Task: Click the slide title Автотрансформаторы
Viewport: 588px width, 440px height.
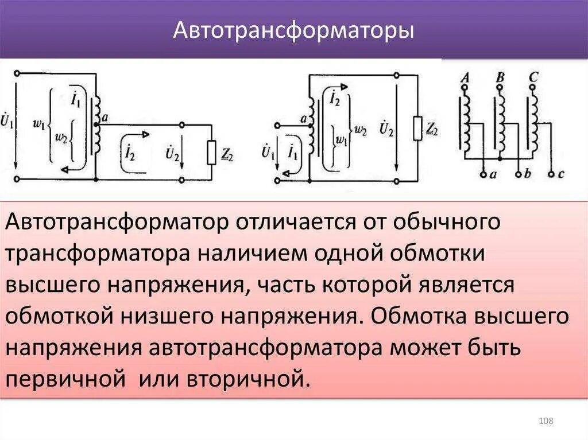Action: [293, 30]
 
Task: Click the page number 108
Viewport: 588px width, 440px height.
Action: [546, 422]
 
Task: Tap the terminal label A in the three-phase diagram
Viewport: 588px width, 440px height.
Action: [465, 77]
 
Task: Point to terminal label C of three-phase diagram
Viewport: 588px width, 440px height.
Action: [534, 77]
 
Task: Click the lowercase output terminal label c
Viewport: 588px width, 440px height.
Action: [561, 174]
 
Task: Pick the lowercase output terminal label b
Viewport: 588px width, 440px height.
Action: [527, 174]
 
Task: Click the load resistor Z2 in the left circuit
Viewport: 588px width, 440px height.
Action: [211, 151]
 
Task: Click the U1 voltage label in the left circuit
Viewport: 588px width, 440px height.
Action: [7, 122]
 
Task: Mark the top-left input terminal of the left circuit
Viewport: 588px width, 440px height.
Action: [18, 73]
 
